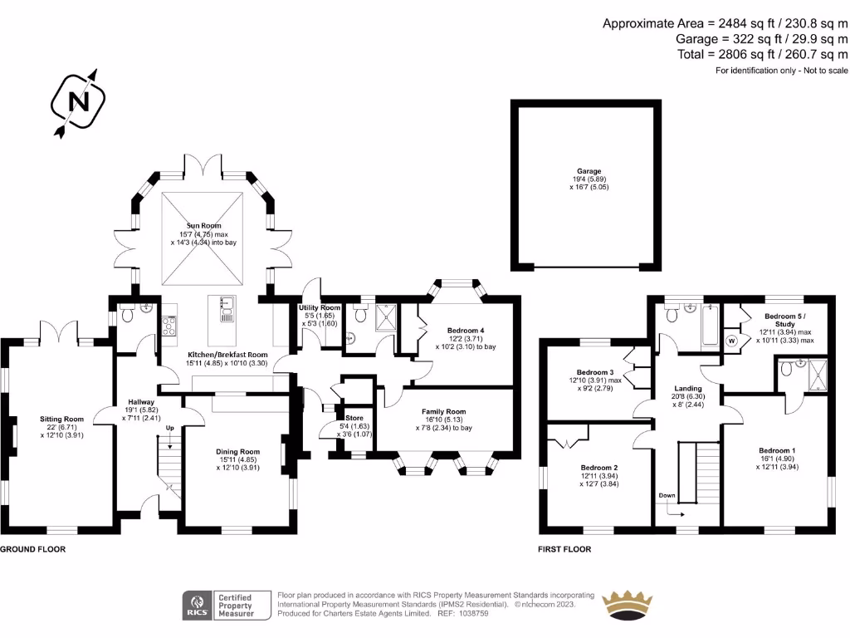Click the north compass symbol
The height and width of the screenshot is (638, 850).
click(x=79, y=102)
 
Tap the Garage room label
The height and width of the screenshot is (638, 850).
click(x=589, y=172)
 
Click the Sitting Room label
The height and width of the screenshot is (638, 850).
click(x=62, y=420)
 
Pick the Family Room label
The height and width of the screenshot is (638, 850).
click(x=444, y=411)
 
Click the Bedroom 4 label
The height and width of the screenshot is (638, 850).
click(x=466, y=329)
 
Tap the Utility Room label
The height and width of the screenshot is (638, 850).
click(x=320, y=308)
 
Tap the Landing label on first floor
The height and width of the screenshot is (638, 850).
click(x=688, y=388)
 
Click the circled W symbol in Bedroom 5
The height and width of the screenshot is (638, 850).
click(x=732, y=341)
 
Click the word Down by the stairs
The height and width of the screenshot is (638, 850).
click(x=667, y=495)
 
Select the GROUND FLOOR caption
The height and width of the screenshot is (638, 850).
click(x=32, y=550)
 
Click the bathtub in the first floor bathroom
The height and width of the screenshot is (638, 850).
click(x=708, y=325)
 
